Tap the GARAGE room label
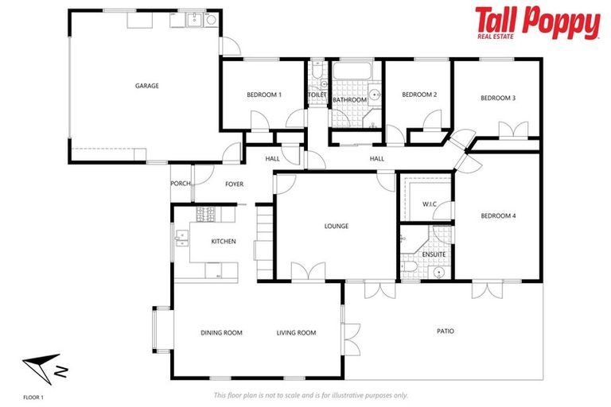pos(146,85)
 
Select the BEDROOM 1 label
pos(264,95)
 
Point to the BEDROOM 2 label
pos(419,95)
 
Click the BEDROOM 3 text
pos(498,98)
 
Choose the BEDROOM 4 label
pos(498,215)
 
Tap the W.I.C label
pos(430,204)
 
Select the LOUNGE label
pos(337,226)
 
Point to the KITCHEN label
pos(223,241)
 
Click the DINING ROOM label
pos(221,332)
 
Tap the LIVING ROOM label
pos(297,332)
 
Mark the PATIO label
pos(446,331)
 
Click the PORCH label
pos(181,184)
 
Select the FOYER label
pos(234,184)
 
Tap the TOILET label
pos(317,95)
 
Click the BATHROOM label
pos(349,100)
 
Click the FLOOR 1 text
pos(33,395)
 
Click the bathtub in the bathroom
pos(351,74)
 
